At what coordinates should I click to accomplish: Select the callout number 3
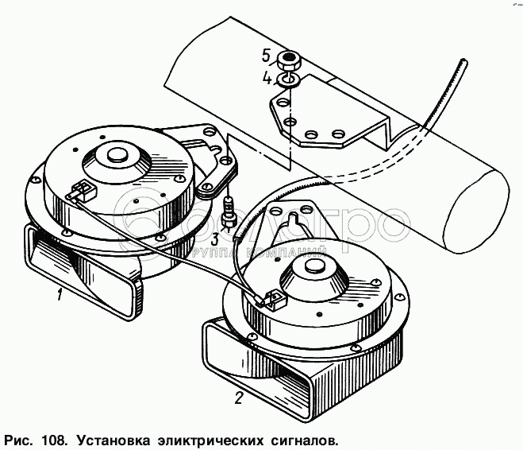pos(215,239)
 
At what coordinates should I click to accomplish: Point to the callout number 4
pos(267,79)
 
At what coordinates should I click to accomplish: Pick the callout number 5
pos(267,56)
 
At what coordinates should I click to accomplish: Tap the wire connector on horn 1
pos(83,191)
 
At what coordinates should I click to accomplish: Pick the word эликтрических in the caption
pos(208,438)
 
